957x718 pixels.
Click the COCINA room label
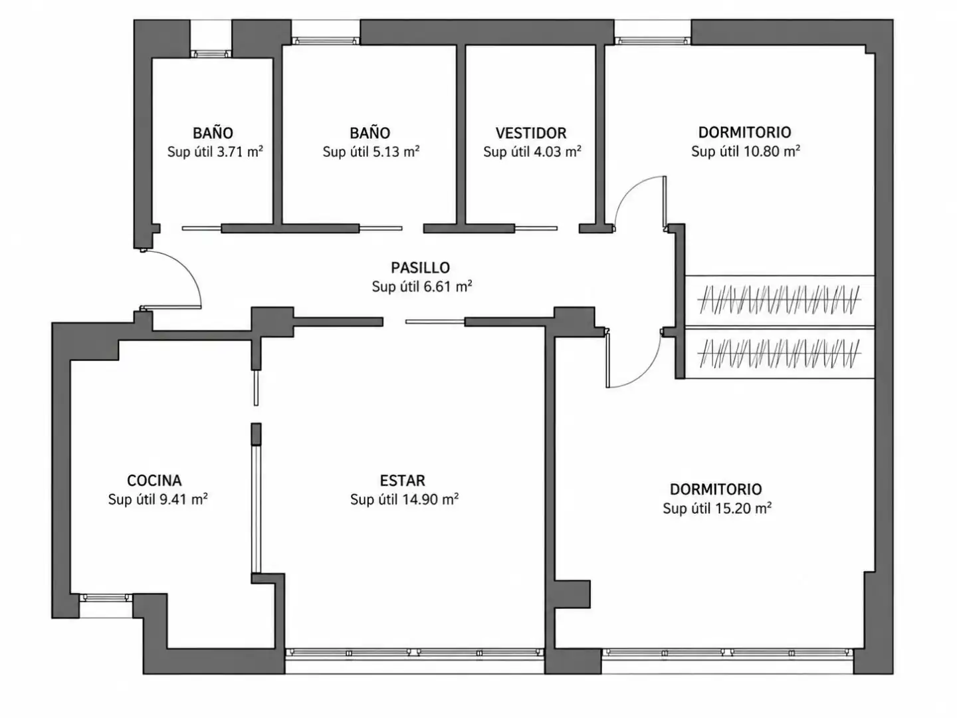(x=154, y=481)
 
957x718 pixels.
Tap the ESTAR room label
(x=402, y=481)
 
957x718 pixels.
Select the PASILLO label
(x=420, y=268)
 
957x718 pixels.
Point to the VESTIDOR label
(x=530, y=133)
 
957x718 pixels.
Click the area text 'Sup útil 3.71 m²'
(x=215, y=152)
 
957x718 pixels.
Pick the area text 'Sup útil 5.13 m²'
(x=371, y=152)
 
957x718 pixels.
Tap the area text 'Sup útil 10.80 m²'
(x=745, y=152)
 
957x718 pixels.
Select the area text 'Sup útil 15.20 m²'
(x=717, y=509)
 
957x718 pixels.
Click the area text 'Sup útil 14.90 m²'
(x=404, y=499)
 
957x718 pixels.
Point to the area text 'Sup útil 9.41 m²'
(x=158, y=499)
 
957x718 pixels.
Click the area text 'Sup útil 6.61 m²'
(x=421, y=287)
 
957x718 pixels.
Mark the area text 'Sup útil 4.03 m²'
(x=532, y=152)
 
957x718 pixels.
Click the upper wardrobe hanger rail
(x=779, y=300)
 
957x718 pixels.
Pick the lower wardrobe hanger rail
(x=779, y=354)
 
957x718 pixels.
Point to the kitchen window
(x=106, y=598)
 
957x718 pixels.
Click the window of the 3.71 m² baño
(x=211, y=54)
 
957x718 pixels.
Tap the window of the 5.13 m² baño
(x=326, y=41)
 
